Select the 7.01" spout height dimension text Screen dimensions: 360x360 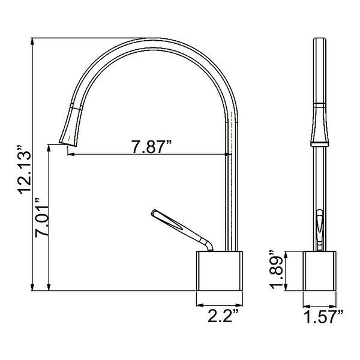pos(42,219)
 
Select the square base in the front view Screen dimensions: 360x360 pos(319,271)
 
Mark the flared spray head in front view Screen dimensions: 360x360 pos(319,126)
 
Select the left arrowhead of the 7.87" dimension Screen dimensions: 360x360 pos(70,155)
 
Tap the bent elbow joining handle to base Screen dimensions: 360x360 pos(208,244)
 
